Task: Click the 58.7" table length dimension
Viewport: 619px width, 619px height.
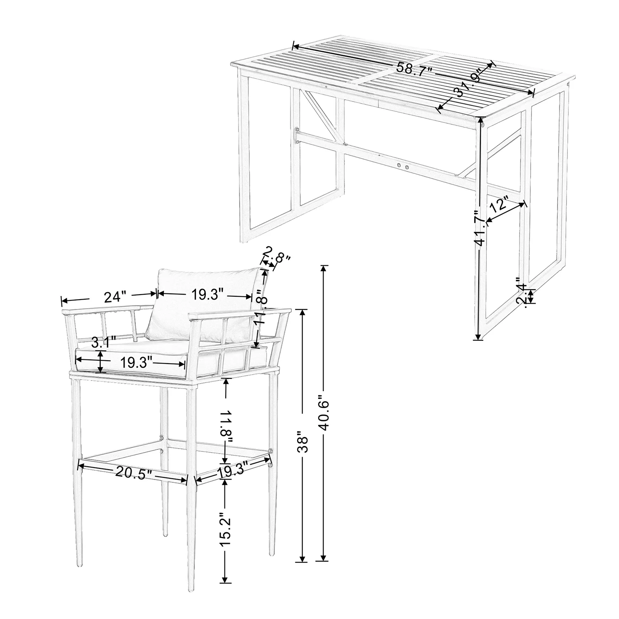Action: (414, 69)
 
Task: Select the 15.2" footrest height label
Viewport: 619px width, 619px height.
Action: (225, 536)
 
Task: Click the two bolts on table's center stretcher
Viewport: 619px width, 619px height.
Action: (403, 166)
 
